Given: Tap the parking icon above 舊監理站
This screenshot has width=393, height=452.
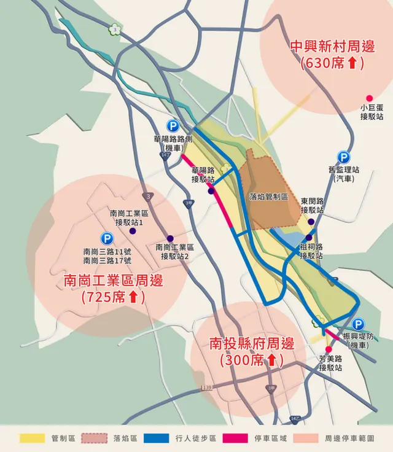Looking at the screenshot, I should pyautogui.click(x=343, y=157).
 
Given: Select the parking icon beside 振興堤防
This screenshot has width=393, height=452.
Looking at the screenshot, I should pyautogui.click(x=358, y=324).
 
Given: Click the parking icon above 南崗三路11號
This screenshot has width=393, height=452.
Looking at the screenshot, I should pyautogui.click(x=107, y=238).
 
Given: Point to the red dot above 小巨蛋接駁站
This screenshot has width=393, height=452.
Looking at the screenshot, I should pyautogui.click(x=369, y=98).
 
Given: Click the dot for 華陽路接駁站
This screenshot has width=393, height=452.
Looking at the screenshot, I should pyautogui.click(x=211, y=191).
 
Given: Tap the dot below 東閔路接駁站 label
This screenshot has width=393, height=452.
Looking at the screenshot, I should pyautogui.click(x=311, y=222).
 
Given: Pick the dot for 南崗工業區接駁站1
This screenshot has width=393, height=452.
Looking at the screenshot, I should pyautogui.click(x=132, y=231).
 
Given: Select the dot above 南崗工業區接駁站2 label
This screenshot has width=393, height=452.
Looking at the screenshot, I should pyautogui.click(x=170, y=238).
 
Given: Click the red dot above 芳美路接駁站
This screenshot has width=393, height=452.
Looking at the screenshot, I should pyautogui.click(x=329, y=349).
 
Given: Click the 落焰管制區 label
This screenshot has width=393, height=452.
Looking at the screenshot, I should pyautogui.click(x=269, y=197).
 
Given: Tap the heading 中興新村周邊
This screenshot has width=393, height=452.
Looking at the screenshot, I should pyautogui.click(x=332, y=47).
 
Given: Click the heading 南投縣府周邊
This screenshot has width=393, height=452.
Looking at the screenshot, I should pyautogui.click(x=252, y=344).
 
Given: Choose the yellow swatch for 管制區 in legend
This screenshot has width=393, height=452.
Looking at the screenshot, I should pyautogui.click(x=34, y=438).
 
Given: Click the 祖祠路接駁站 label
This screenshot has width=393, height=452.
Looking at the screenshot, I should pyautogui.click(x=311, y=251).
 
